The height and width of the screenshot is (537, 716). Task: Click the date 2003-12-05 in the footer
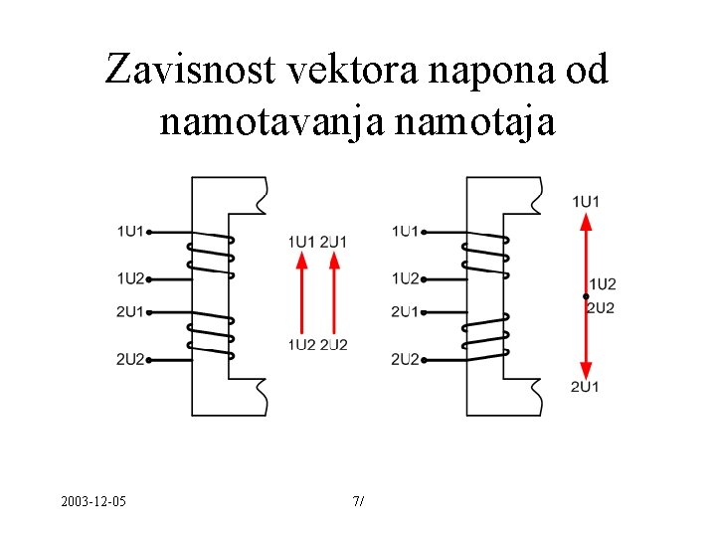coord(92,500)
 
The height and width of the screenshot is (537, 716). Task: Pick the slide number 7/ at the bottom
coord(358,500)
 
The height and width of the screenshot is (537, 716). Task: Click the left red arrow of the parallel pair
coord(302,292)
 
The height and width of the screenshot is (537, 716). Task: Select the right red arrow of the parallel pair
coord(334,292)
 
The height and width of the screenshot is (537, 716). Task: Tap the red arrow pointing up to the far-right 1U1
coord(586,254)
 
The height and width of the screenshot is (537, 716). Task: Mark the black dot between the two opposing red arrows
coord(586,296)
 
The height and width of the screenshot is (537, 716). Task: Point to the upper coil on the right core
coord(484,255)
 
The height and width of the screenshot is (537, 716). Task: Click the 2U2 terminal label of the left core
coord(130,359)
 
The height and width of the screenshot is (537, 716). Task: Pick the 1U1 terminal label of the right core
coord(405,232)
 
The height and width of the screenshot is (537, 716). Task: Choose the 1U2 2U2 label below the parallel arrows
coord(318,345)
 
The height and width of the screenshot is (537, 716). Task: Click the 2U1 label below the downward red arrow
coord(585,386)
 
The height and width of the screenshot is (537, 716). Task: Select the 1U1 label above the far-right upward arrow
coord(586,202)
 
